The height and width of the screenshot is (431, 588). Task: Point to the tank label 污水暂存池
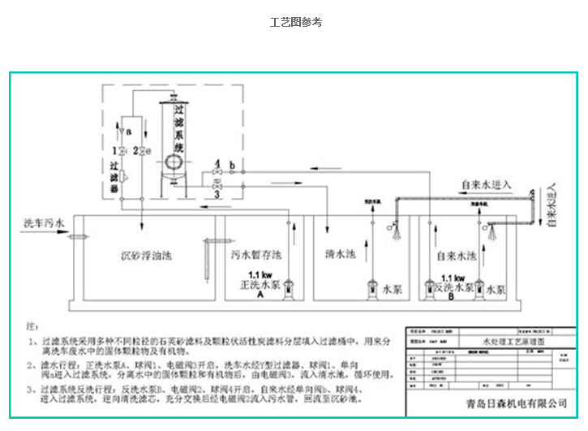click(255, 255)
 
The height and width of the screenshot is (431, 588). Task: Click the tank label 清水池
click(341, 254)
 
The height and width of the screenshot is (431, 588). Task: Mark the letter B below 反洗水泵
click(449, 298)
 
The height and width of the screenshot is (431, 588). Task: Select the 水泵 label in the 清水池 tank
click(393, 289)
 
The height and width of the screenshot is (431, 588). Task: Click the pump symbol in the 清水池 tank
click(372, 287)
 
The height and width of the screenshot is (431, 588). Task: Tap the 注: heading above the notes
click(32, 322)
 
